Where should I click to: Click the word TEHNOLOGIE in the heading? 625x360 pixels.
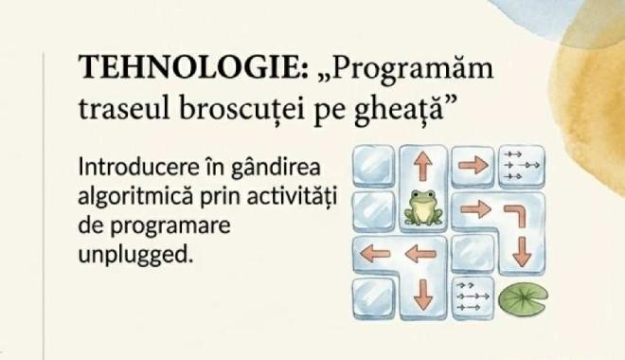pos(193,66)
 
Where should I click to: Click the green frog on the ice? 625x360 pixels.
pos(423,207)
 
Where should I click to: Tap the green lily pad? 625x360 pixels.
pos(524,297)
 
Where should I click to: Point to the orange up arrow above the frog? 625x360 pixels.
pos(423,167)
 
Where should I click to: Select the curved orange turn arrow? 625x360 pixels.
pos(516,214)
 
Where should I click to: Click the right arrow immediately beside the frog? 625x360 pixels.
pos(475,209)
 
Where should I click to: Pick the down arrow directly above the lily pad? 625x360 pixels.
pos(522,252)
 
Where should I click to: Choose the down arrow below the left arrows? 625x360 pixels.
pos(423,295)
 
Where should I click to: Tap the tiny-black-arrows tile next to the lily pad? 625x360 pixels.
pos(473,297)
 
